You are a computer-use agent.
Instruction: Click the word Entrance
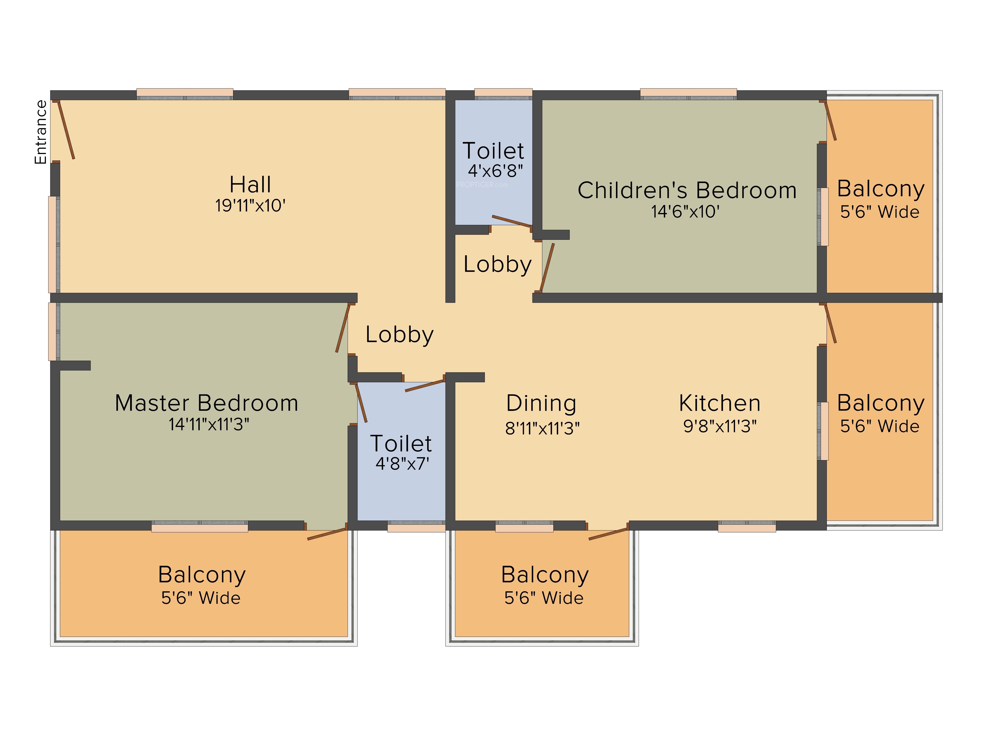pyautogui.click(x=41, y=132)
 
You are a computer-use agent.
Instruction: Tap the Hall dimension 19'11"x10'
pyautogui.click(x=250, y=206)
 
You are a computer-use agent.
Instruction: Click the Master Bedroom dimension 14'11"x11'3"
pyautogui.click(x=209, y=424)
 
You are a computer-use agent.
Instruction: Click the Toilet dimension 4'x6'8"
pyautogui.click(x=495, y=170)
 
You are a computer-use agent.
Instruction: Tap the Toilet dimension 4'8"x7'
pyautogui.click(x=402, y=464)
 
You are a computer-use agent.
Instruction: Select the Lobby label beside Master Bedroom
pyautogui.click(x=399, y=335)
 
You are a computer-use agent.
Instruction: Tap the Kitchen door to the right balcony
pyautogui.click(x=830, y=323)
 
